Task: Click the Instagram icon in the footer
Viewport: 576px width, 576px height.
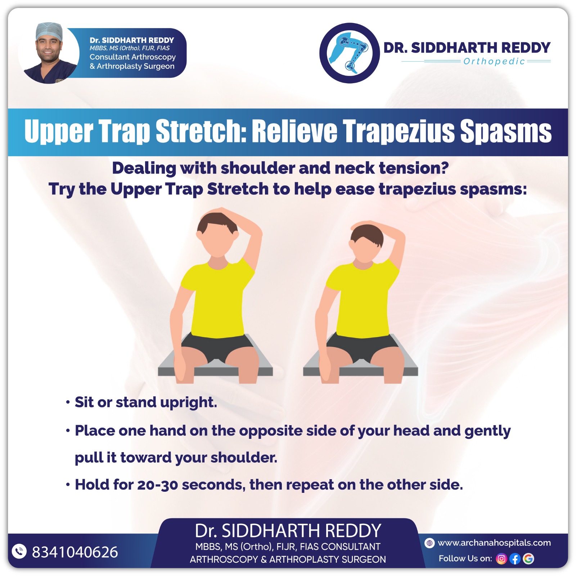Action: coord(501,559)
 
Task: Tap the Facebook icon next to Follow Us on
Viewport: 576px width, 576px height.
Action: coord(515,559)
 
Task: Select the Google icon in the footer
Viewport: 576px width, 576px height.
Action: coord(528,559)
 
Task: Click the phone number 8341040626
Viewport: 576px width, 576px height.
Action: coord(75,552)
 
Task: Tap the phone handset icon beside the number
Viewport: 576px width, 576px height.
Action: coord(19,551)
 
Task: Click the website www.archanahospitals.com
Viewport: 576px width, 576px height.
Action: coord(494,543)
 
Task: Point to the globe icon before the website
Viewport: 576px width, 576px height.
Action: coord(429,543)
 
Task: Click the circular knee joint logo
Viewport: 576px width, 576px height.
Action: coord(350,53)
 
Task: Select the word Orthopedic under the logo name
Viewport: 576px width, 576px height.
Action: coord(494,62)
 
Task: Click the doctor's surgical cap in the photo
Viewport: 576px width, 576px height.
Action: coord(49,31)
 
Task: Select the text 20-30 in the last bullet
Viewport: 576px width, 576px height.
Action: coord(158,485)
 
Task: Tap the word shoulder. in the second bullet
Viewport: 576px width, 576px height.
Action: coord(244,458)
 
